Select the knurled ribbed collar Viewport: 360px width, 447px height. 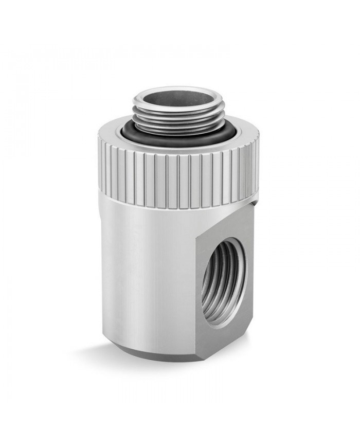coord(154,175)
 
